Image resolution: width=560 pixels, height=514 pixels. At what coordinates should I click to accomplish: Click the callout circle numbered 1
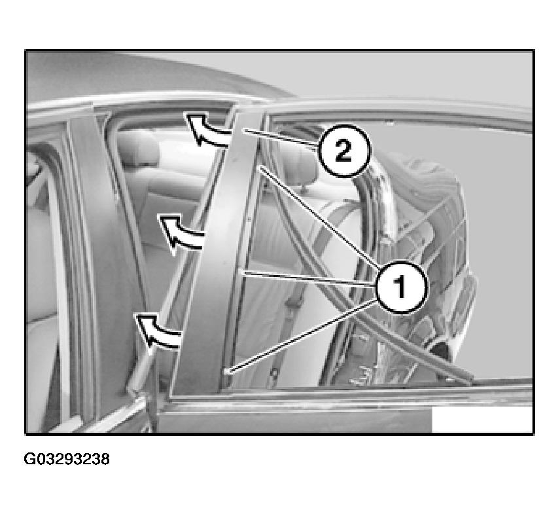pyautogui.click(x=401, y=287)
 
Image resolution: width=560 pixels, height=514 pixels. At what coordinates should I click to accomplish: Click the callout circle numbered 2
pyautogui.click(x=344, y=151)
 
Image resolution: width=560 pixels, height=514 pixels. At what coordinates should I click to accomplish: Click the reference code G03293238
pyautogui.click(x=67, y=459)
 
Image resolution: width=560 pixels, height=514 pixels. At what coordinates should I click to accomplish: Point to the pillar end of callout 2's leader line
pyautogui.click(x=243, y=131)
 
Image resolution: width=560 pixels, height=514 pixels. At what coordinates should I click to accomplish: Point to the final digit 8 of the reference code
pyautogui.click(x=105, y=459)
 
